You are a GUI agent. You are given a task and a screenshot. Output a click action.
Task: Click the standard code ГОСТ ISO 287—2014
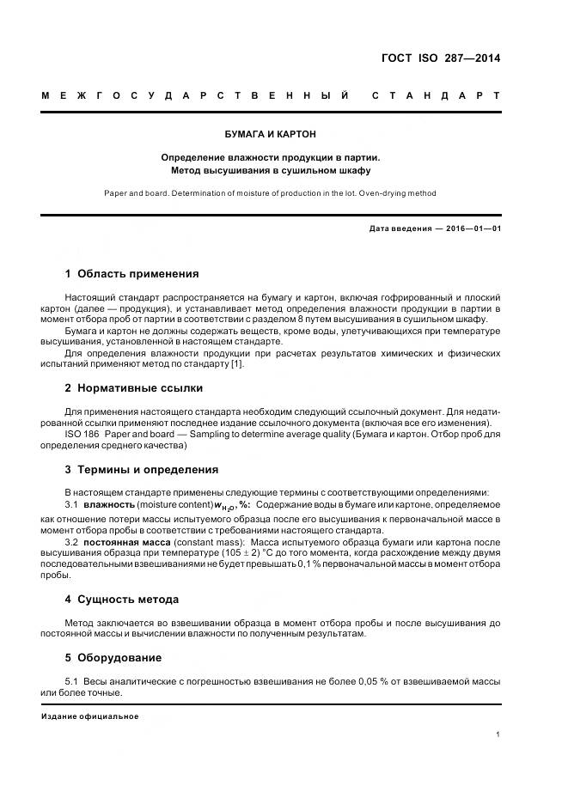(x=440, y=59)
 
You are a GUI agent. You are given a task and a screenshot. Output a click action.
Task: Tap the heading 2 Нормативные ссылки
(x=134, y=387)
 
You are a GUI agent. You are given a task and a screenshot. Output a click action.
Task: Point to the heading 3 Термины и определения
(x=142, y=470)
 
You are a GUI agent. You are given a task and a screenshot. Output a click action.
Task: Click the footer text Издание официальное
(x=90, y=716)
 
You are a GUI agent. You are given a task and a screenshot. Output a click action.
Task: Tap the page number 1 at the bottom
(x=498, y=734)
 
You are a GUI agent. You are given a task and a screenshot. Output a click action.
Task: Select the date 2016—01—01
(x=472, y=229)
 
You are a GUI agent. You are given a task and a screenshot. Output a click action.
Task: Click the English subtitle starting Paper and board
(x=271, y=193)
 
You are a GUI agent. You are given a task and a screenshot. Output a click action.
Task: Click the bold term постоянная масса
(x=122, y=542)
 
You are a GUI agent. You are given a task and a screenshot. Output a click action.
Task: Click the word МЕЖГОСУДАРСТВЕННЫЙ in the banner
(x=195, y=95)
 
